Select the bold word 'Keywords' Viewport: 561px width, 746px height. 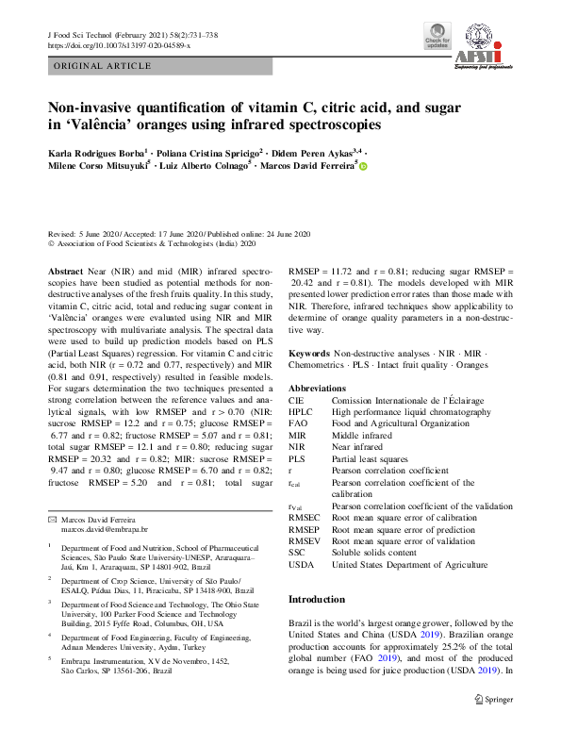[x=309, y=352]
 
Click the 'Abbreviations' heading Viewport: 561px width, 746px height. [x=317, y=389]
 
